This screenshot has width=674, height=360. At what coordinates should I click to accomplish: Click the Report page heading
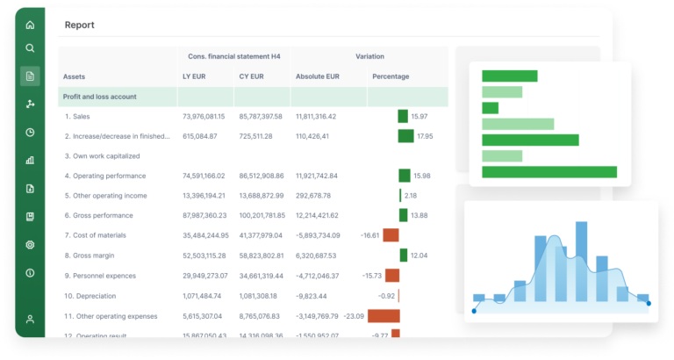pos(80,25)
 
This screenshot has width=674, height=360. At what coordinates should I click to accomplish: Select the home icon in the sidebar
pos(30,25)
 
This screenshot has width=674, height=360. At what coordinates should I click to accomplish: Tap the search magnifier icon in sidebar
pos(30,48)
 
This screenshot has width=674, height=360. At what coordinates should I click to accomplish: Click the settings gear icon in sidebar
pos(30,245)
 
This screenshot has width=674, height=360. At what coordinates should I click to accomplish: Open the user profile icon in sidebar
pos(30,320)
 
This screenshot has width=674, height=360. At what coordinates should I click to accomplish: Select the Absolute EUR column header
pos(317,76)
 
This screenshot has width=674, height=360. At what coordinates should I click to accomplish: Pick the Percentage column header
pos(391,76)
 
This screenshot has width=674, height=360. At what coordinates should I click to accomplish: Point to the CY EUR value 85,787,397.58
pos(261,116)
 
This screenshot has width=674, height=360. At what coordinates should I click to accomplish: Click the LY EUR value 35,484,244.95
pos(205,235)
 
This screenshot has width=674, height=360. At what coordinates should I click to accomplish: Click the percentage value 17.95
pos(425,136)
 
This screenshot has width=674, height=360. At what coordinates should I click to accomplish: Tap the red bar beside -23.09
pos(384,315)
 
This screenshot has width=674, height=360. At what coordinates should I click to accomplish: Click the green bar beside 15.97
pos(403,116)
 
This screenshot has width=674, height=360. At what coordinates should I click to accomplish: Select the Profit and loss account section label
pos(100,97)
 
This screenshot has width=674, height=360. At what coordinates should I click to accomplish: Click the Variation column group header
pos(369,56)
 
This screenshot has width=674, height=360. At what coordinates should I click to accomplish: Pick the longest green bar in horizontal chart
pos(549,172)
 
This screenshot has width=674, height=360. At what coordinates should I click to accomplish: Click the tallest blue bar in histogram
pos(581,263)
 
